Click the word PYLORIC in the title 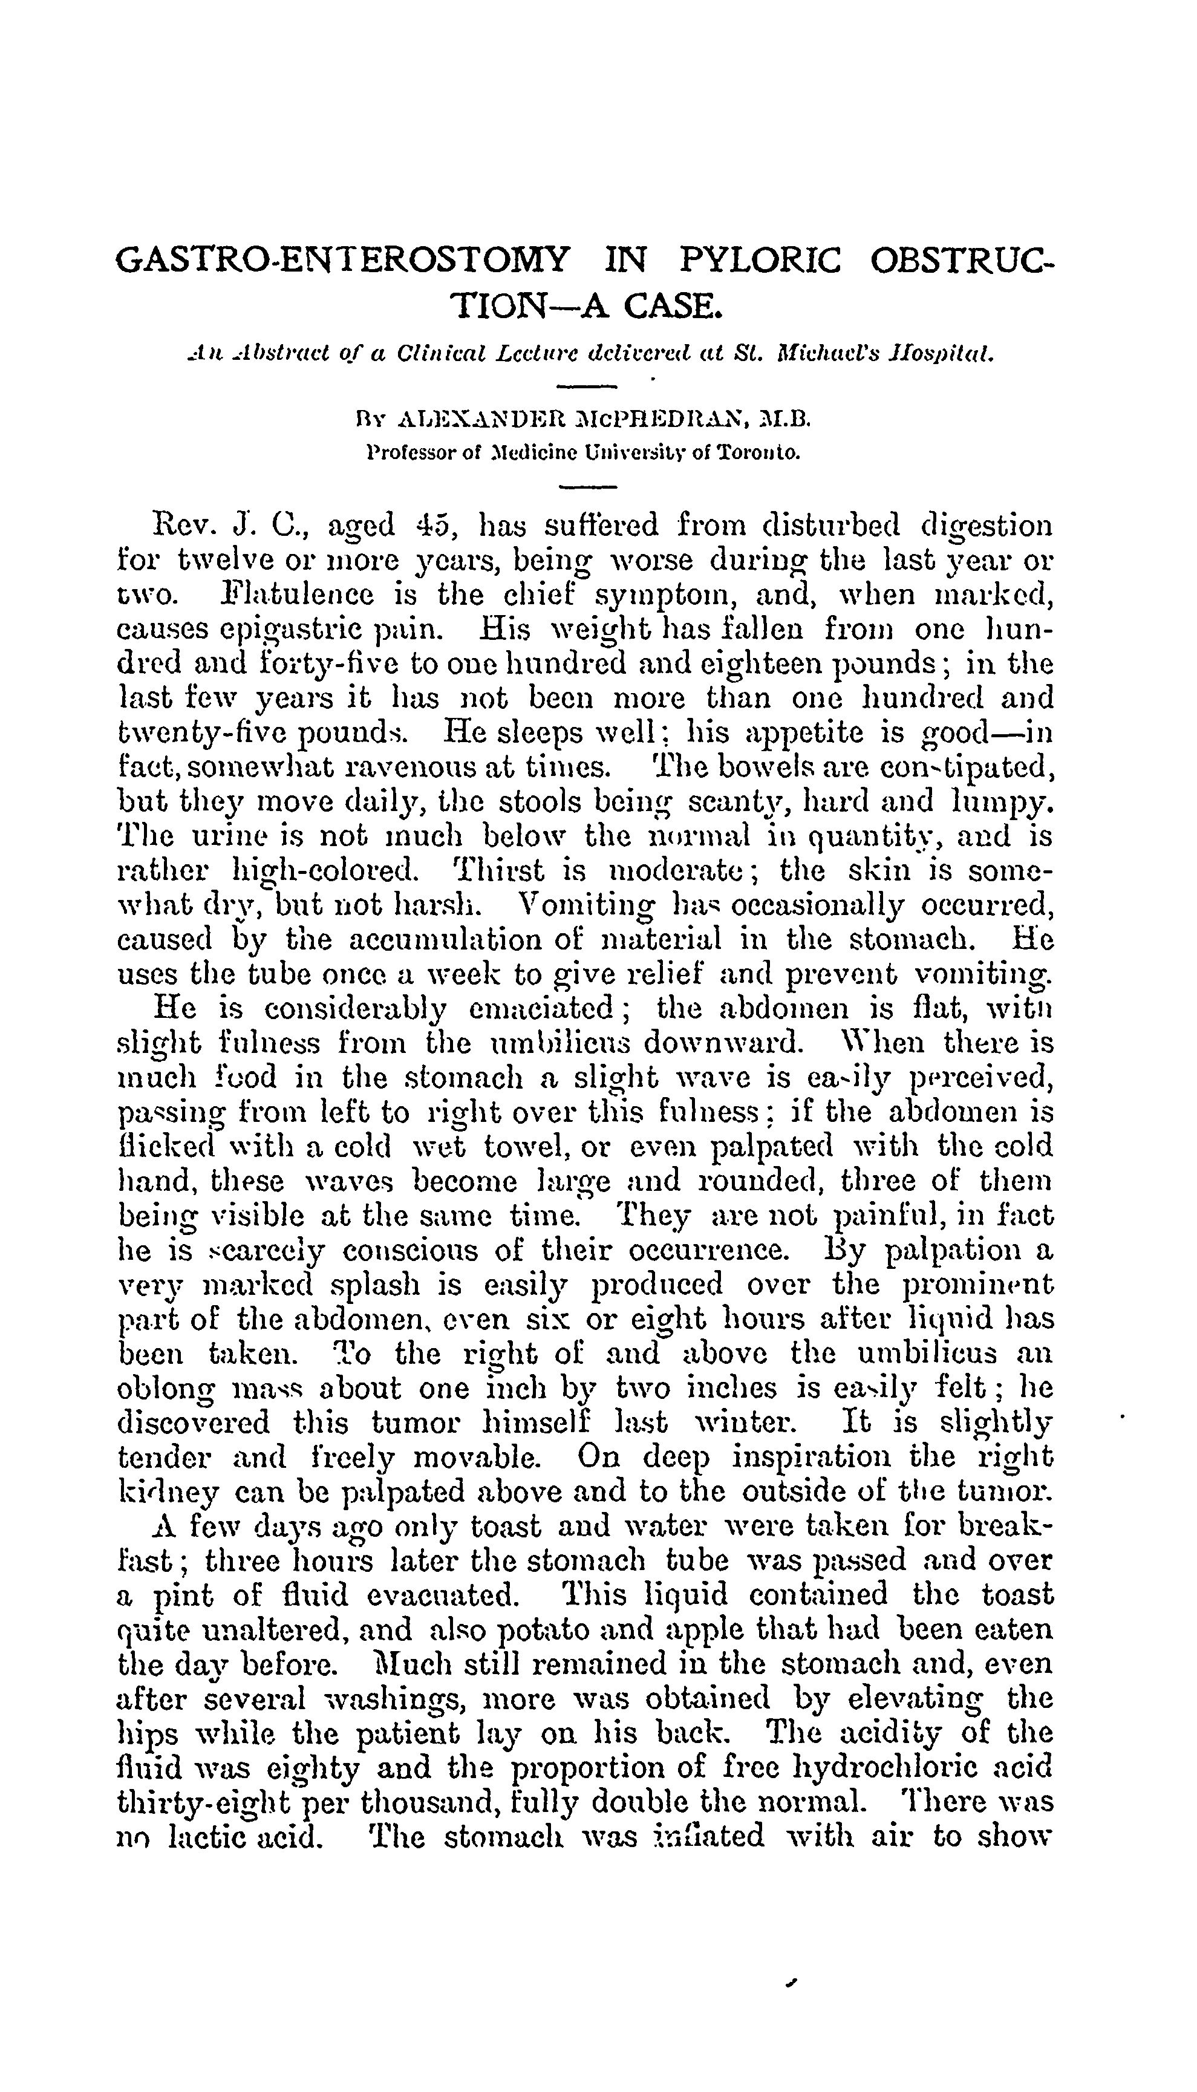tap(760, 261)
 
